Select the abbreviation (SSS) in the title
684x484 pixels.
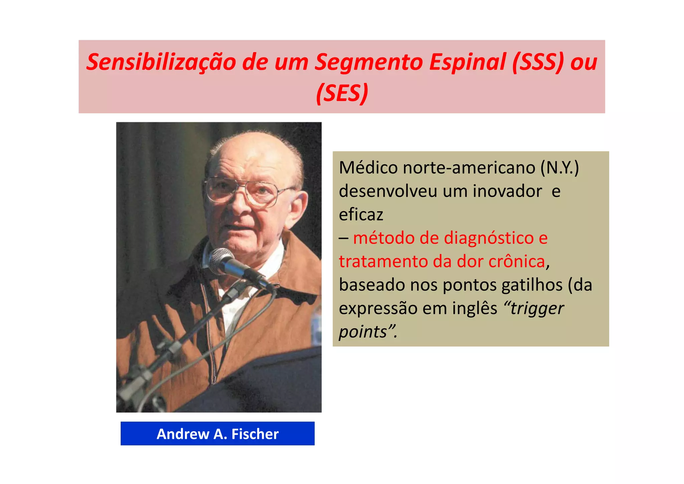point(538,63)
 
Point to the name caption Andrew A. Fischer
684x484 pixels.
point(217,434)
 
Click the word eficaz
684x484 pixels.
point(361,215)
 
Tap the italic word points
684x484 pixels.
point(363,332)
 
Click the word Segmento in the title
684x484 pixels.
point(369,63)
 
